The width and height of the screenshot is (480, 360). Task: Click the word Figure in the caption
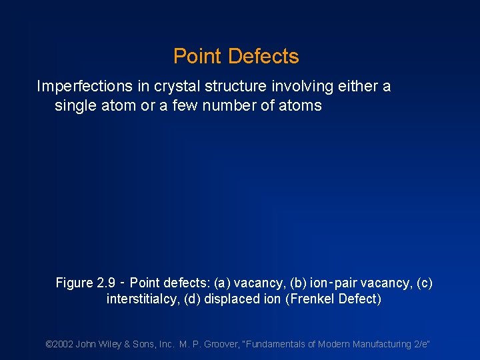coord(74,283)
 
